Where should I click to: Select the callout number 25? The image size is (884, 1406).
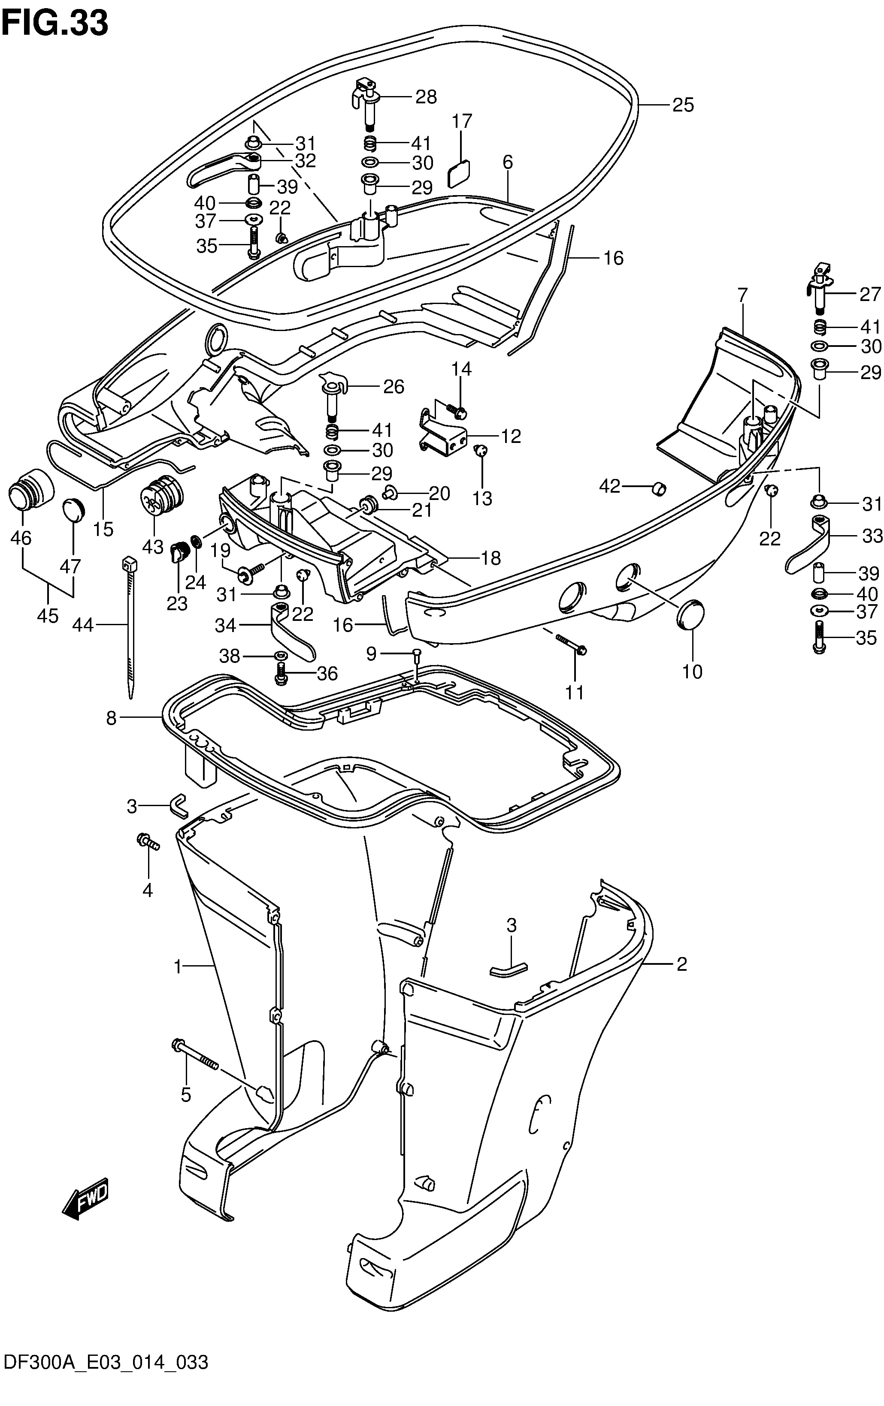point(682,105)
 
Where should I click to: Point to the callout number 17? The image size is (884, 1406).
point(462,121)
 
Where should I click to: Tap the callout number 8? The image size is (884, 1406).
point(111,718)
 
